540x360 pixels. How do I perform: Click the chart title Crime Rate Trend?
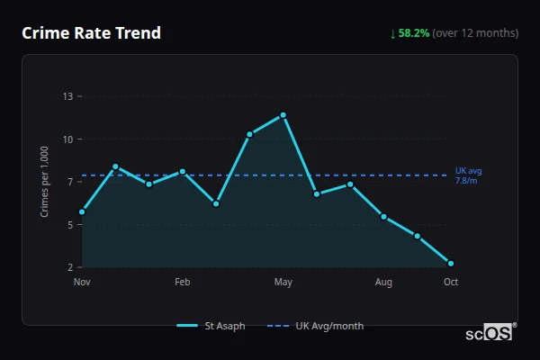(x=91, y=33)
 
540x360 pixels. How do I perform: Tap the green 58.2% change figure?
(x=415, y=33)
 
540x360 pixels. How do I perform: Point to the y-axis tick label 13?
(x=67, y=95)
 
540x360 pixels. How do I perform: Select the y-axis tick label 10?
(x=67, y=139)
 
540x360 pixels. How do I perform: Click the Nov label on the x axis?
(x=82, y=283)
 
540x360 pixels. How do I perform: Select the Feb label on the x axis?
(x=183, y=283)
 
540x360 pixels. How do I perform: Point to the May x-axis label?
(x=283, y=283)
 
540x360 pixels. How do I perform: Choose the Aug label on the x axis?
(x=384, y=283)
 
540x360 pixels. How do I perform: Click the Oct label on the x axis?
(x=451, y=283)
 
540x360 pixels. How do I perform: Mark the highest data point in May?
(x=283, y=115)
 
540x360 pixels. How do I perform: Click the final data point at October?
(x=451, y=264)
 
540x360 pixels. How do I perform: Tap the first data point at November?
(x=82, y=212)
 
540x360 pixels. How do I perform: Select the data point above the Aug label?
(x=384, y=217)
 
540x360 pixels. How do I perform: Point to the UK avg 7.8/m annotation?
(x=469, y=175)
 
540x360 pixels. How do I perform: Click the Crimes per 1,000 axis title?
(x=45, y=182)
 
